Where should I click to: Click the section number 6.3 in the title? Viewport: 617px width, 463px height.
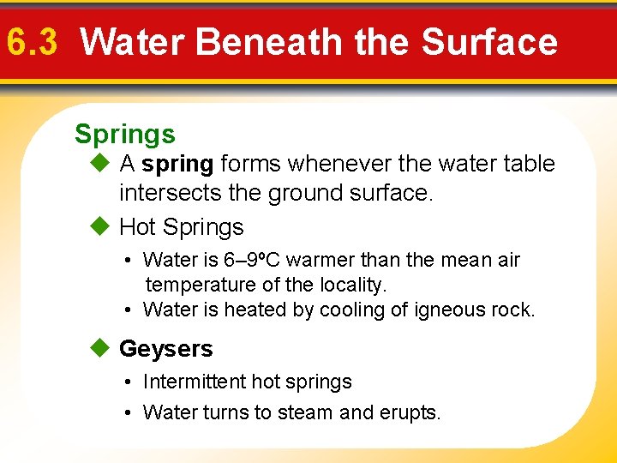pyautogui.click(x=32, y=41)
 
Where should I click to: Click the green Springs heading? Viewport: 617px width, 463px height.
pyautogui.click(x=125, y=135)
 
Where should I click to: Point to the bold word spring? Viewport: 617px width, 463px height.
pyautogui.click(x=178, y=164)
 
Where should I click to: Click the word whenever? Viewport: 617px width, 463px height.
pyautogui.click(x=323, y=164)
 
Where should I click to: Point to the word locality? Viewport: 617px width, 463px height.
pyautogui.click(x=352, y=285)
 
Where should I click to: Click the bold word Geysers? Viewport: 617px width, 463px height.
pyautogui.click(x=166, y=349)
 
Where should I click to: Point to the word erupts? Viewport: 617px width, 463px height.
pyautogui.click(x=410, y=412)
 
